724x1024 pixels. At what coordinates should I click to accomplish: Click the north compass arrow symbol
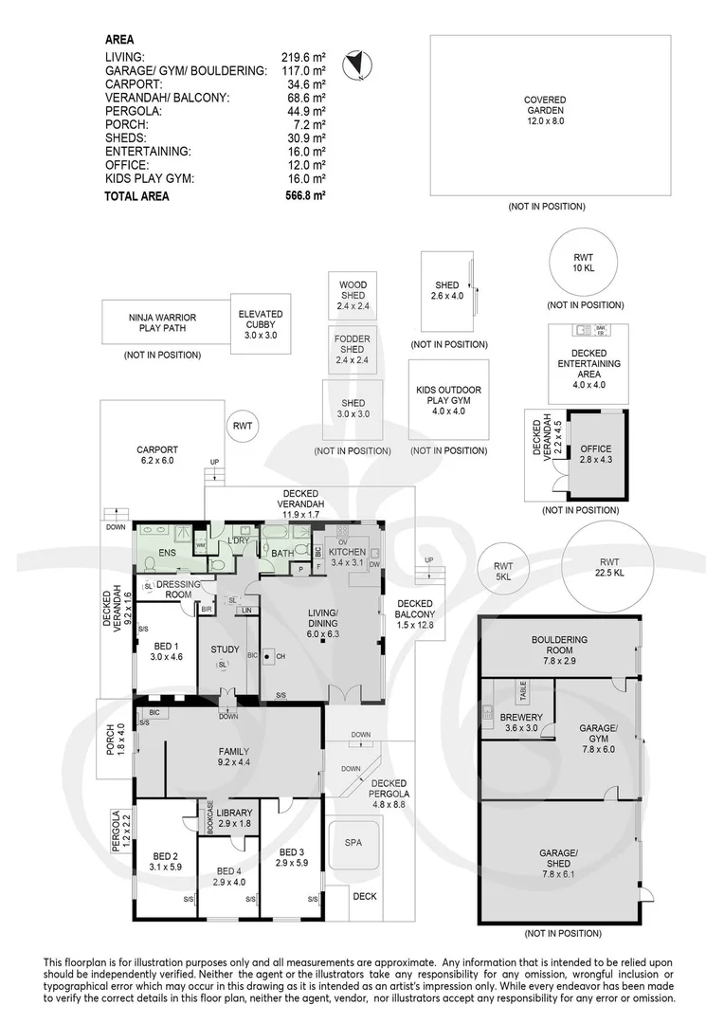[356, 64]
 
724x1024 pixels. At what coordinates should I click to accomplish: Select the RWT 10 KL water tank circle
[585, 259]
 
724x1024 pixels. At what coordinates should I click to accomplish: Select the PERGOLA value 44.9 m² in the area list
[306, 111]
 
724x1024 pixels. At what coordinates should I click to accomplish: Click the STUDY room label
[225, 649]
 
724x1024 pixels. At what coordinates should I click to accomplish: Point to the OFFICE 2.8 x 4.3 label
[596, 454]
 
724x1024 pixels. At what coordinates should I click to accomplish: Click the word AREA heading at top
[119, 40]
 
